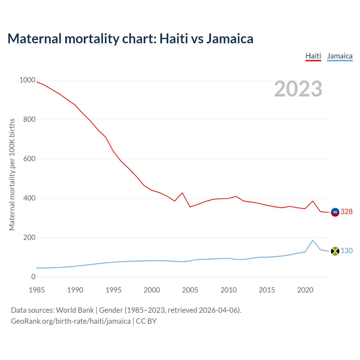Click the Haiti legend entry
point(313,56)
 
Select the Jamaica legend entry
point(340,56)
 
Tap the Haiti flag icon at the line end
point(335,212)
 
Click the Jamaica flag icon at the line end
point(335,251)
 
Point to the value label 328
point(346,212)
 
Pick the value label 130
point(346,251)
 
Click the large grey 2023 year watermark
point(298,89)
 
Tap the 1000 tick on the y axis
point(27,80)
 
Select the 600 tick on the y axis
point(30,159)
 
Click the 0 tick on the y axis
point(33,277)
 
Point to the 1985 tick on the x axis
point(37,290)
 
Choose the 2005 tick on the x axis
point(190,290)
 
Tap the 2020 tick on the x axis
point(305,290)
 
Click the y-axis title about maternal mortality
point(12,174)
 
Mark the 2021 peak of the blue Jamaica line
point(313,240)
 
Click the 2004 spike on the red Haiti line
point(182,193)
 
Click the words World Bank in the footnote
point(75,310)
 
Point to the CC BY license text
point(146,321)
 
